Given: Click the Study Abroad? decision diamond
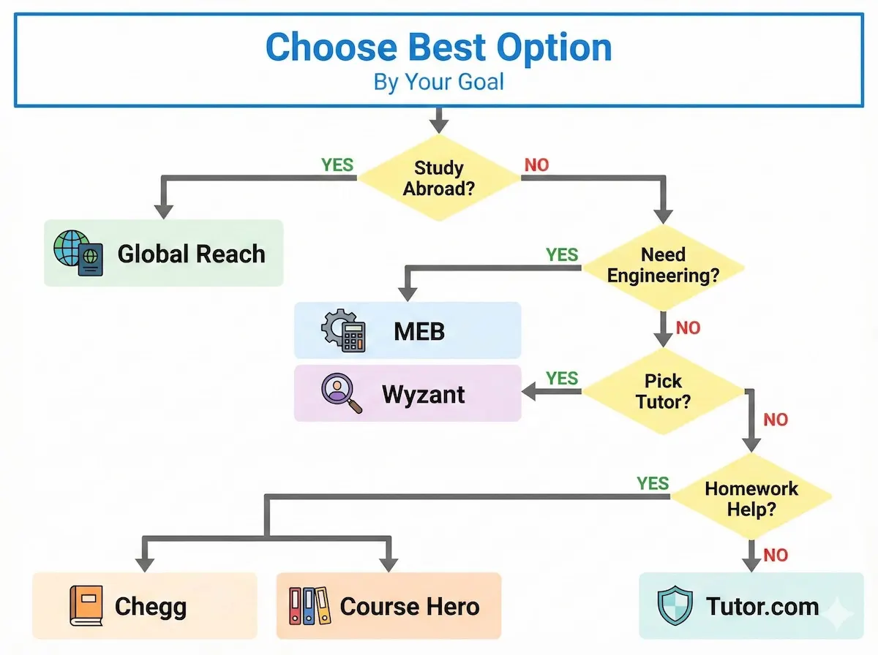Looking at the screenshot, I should tap(438, 178).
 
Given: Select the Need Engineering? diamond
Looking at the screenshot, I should tap(663, 265).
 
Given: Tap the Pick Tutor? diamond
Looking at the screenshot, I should tap(663, 392).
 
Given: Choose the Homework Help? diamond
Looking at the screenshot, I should tap(751, 499).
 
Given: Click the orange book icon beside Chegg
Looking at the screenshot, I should tap(86, 606).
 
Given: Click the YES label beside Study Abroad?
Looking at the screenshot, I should tap(337, 164).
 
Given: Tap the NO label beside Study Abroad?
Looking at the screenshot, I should tap(536, 165).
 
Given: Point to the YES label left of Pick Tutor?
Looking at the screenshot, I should tap(562, 378).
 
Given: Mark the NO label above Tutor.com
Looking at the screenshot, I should tap(776, 556).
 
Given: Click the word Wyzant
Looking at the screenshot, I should tap(423, 394).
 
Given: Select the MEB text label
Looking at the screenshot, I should tap(419, 331).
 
